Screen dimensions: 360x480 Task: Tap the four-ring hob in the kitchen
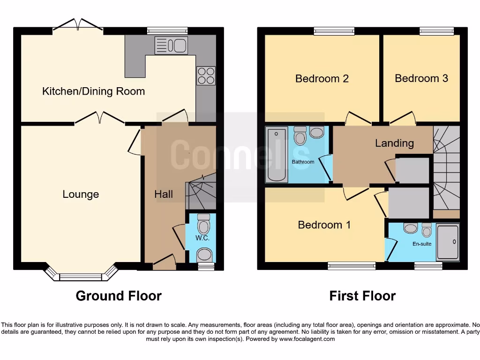206,76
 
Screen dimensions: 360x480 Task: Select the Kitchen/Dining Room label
93,91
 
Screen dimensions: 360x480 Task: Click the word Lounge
81,194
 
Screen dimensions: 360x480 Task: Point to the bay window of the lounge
81,275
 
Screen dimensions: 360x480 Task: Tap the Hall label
164,194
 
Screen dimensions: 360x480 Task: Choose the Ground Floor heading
119,296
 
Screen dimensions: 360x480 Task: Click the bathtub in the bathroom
277,155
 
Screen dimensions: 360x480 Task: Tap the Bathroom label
303,162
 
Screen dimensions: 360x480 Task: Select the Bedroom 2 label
322,78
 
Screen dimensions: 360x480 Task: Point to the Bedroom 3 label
421,78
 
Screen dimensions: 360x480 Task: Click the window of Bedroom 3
436,31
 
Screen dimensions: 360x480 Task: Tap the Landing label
394,143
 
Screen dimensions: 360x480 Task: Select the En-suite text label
422,244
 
